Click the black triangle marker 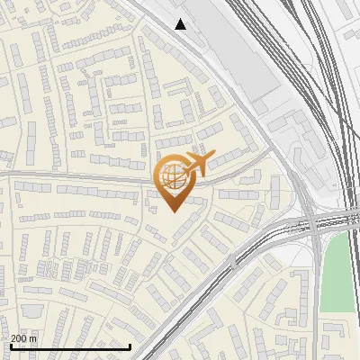tap(181, 24)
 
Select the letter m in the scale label tap(34, 338)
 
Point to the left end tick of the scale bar tap(10, 346)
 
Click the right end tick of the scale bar tap(130, 346)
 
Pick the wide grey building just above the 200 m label tap(34, 310)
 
